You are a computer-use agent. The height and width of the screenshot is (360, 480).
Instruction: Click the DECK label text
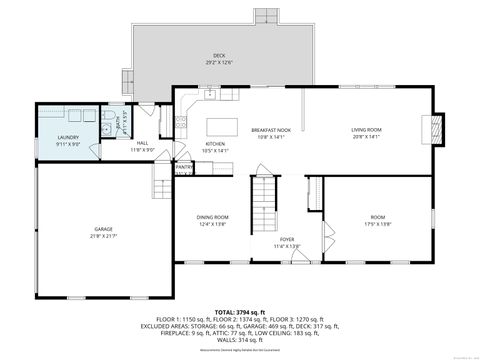tap(219, 55)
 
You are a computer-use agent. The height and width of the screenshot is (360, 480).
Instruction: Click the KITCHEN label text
tap(216, 144)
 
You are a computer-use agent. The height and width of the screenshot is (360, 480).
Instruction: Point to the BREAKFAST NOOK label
tap(271, 129)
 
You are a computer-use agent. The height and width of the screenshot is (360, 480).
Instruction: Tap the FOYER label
tap(287, 239)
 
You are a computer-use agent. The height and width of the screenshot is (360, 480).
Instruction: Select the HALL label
tap(143, 143)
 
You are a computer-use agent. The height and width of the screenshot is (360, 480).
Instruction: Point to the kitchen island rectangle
tap(222, 128)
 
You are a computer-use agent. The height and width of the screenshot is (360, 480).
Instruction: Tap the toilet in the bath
tap(105, 128)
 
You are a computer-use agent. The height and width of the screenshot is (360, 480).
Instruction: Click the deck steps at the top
tap(264, 16)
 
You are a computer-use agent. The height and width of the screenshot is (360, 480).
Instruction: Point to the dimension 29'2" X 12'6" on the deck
tap(219, 62)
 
